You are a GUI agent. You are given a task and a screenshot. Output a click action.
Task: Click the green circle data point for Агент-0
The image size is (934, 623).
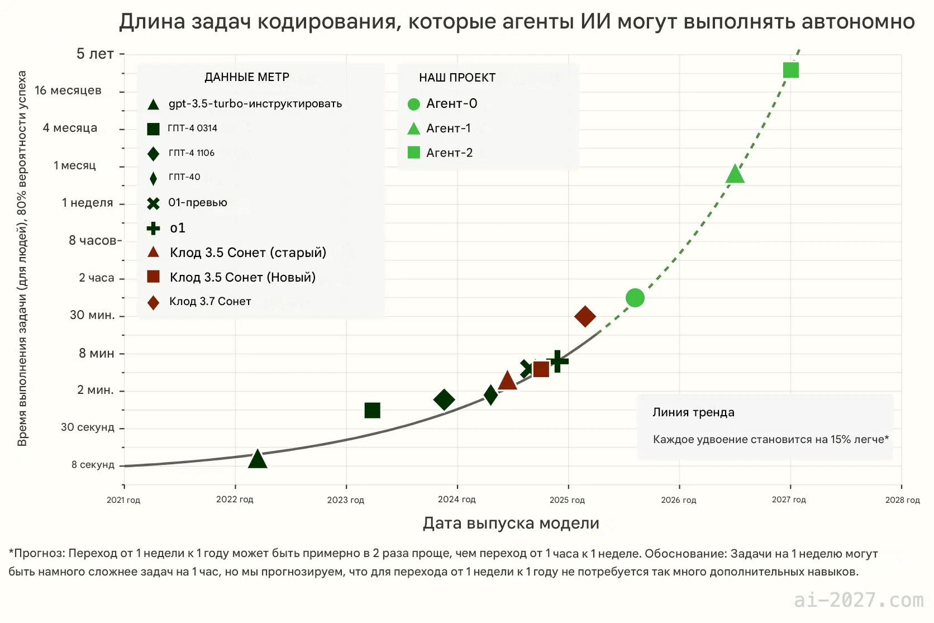click(x=635, y=298)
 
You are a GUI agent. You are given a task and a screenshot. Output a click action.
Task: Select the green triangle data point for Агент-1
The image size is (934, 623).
click(x=735, y=175)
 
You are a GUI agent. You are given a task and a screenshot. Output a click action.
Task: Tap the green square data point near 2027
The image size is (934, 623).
click(x=790, y=70)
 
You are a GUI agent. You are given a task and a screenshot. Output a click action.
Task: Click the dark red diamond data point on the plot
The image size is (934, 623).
click(x=585, y=316)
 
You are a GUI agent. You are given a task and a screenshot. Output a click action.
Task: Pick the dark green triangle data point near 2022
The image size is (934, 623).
click(x=257, y=459)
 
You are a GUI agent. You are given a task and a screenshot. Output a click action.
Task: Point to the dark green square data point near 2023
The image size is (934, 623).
click(x=372, y=411)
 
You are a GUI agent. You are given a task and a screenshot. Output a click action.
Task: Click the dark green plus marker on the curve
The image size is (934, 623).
click(x=557, y=361)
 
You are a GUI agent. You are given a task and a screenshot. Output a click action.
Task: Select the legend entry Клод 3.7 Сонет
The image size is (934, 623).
click(x=210, y=302)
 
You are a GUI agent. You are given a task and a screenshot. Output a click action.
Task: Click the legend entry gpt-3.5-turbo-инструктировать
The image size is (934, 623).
click(x=255, y=104)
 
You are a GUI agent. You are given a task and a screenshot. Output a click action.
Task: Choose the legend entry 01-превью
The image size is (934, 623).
click(x=198, y=203)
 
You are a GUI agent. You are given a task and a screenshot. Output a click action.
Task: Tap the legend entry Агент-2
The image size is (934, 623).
click(x=449, y=153)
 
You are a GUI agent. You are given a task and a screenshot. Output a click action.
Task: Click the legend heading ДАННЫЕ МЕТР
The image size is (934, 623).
click(x=247, y=77)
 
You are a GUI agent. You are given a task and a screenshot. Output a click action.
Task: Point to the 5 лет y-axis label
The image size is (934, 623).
click(x=95, y=54)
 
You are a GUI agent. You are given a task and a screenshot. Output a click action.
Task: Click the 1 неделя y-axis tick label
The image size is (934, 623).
click(x=87, y=203)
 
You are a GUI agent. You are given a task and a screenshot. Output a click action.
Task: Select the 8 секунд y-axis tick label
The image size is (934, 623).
click(x=93, y=465)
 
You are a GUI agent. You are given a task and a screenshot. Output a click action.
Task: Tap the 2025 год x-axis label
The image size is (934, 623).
click(x=567, y=500)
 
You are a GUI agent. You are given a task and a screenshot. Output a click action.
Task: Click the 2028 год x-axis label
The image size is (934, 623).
click(x=902, y=500)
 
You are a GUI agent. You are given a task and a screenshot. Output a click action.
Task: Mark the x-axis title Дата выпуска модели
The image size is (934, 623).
click(x=511, y=524)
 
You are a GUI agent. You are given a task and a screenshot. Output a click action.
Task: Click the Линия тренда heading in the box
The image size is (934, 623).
click(x=693, y=412)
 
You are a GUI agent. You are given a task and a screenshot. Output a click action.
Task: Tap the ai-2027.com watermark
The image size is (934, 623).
click(x=859, y=600)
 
